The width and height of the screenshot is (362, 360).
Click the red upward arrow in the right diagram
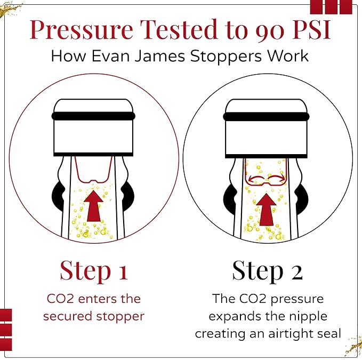268,207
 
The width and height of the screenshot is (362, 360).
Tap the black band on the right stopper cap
268,116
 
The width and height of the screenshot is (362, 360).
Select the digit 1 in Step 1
122,270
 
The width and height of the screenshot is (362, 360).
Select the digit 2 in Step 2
296,270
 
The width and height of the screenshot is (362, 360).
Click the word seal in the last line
326,334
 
